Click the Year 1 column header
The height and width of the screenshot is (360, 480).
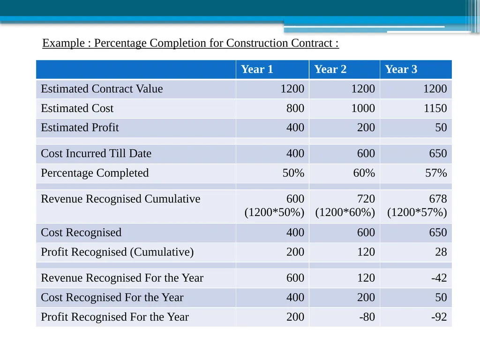257,69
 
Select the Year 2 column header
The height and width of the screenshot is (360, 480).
330,69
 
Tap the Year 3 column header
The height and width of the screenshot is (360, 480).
401,69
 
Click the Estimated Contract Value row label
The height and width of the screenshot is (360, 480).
102,89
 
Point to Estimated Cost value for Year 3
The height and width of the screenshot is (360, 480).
435,108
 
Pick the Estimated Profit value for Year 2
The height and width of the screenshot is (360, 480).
366,127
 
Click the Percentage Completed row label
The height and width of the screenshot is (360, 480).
95,173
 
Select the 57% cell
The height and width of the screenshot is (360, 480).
436,173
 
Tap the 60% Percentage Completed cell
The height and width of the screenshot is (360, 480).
364,173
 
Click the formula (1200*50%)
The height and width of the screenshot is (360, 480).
274,212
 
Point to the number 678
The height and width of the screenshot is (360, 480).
438,199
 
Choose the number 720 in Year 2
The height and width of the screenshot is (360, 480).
366,199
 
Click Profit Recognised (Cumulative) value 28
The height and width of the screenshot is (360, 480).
441,252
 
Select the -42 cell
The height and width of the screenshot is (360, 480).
439,277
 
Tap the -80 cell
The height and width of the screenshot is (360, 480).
367,317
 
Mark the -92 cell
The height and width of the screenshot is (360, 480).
439,317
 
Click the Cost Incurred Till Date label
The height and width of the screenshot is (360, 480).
96,153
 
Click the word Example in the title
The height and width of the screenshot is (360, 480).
63,43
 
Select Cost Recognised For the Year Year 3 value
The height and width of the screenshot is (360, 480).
441,297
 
